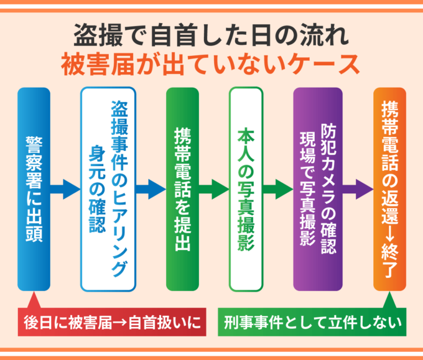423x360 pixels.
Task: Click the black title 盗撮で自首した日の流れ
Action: (211, 35)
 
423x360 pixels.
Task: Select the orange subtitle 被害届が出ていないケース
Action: (211, 64)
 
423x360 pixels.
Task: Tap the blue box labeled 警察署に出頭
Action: (34, 188)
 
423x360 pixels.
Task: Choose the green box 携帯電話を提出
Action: (182, 188)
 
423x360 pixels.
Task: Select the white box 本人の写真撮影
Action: (246, 188)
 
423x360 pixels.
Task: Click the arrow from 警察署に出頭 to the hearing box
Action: (65, 188)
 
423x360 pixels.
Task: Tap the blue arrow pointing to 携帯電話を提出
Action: (151, 188)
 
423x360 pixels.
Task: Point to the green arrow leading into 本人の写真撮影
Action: (214, 188)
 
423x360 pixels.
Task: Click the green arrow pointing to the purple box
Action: (277, 188)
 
